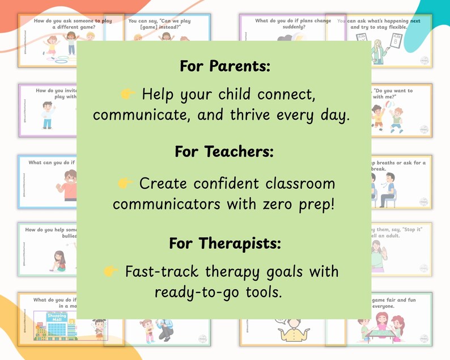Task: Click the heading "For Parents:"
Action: (x=225, y=66)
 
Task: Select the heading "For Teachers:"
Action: (x=224, y=152)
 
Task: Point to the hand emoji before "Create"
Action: (x=124, y=183)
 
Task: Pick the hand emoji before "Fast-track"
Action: (x=111, y=272)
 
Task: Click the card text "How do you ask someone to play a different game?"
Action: (x=73, y=24)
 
